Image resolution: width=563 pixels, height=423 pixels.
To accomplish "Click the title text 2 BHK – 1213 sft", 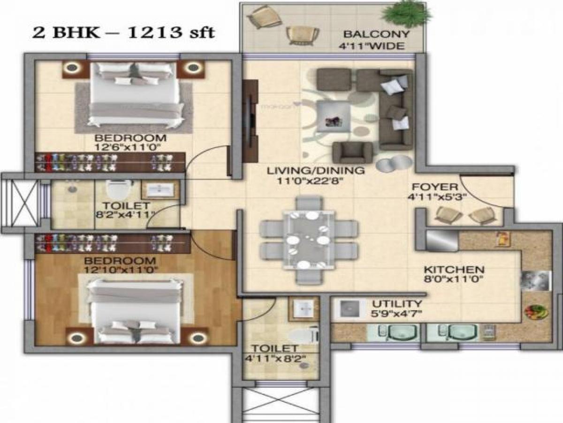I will (x=123, y=32).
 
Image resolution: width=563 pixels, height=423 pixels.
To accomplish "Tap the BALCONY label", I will (x=376, y=34).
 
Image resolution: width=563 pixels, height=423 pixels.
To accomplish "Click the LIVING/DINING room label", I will (x=315, y=170).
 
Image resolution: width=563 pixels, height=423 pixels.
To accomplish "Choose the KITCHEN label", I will (x=454, y=270).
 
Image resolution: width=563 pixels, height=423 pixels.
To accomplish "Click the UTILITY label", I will (x=397, y=304).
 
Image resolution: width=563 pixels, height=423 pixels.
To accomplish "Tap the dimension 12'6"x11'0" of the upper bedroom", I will (x=130, y=147).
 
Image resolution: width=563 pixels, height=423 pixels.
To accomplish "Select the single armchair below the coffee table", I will (x=352, y=152).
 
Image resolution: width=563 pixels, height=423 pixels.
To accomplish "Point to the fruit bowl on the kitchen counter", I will (x=535, y=312).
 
